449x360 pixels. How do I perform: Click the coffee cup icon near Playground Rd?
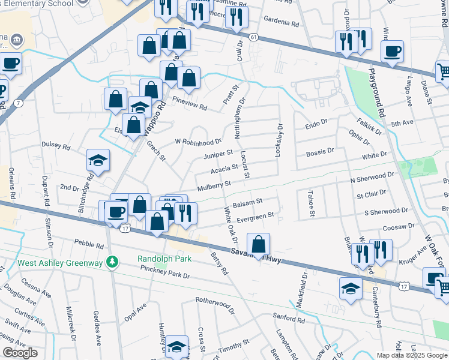pyautogui.click(x=392, y=52)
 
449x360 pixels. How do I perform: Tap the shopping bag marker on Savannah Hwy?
pyautogui.click(x=258, y=244)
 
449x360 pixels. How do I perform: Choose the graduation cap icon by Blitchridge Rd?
pyautogui.click(x=98, y=160)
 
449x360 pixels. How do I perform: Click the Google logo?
pyautogui.click(x=20, y=353)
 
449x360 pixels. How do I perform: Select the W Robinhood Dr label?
pyautogui.click(x=198, y=142)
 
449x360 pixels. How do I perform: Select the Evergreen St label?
pyautogui.click(x=256, y=215)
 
